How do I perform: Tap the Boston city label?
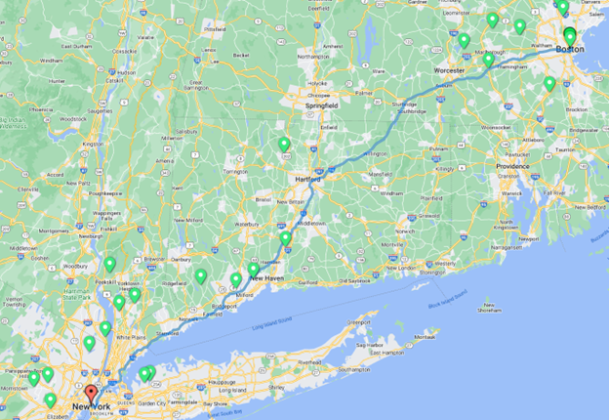570,47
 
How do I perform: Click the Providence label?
512,166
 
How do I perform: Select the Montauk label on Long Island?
425,337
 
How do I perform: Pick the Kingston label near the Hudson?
93,144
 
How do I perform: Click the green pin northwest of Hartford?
284,145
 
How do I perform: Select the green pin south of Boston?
549,84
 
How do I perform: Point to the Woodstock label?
71,119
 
